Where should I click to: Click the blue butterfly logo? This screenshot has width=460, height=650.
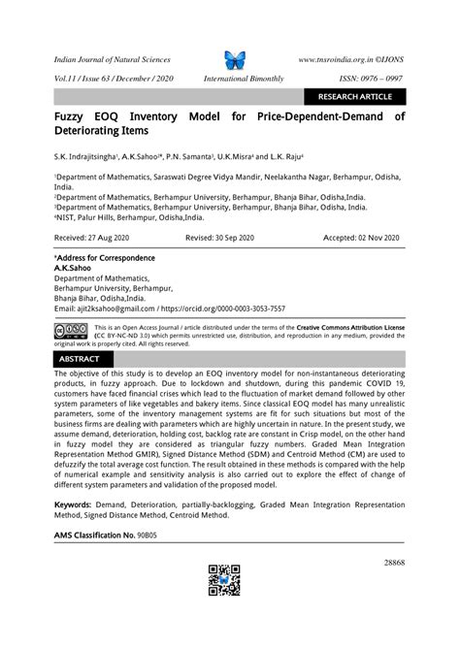point(235,60)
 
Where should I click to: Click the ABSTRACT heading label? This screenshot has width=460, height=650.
point(80,359)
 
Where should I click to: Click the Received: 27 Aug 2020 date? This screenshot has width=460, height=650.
point(95,237)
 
